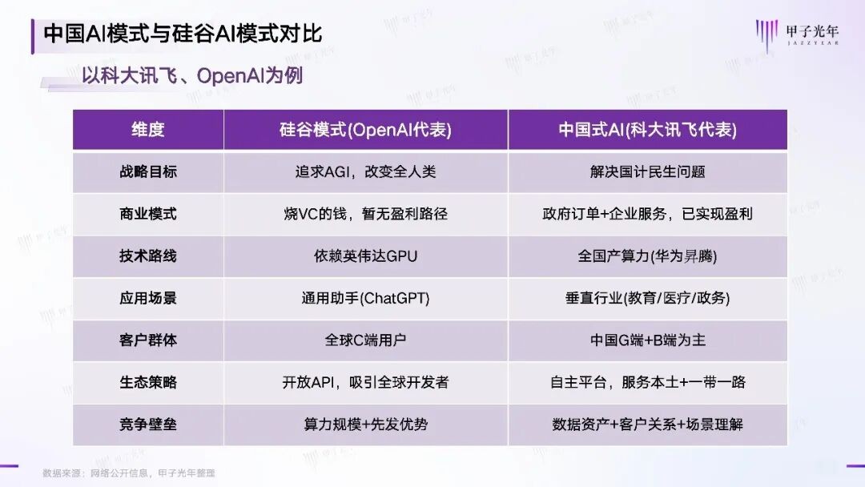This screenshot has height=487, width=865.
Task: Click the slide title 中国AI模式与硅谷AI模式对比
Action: pyautogui.click(x=183, y=34)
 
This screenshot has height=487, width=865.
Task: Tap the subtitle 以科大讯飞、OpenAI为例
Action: pyautogui.click(x=192, y=77)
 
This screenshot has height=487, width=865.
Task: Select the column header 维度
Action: pyautogui.click(x=148, y=130)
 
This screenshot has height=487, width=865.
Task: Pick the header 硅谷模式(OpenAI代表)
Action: pyautogui.click(x=366, y=130)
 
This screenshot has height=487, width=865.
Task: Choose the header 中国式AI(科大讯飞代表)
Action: pyautogui.click(x=647, y=130)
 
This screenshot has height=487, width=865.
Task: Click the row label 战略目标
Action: pyautogui.click(x=148, y=171)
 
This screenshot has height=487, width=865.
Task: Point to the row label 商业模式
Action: pyautogui.click(x=148, y=214)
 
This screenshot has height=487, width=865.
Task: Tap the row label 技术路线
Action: pyautogui.click(x=148, y=256)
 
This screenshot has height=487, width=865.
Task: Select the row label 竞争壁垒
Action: pyautogui.click(x=148, y=425)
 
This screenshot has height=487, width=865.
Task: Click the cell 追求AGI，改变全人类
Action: pyautogui.click(x=366, y=171)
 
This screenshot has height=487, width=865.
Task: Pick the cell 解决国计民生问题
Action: pyautogui.click(x=647, y=171)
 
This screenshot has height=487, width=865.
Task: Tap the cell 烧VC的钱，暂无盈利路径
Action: pyautogui.click(x=366, y=214)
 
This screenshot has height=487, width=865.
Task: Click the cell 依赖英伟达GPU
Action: pyautogui.click(x=366, y=256)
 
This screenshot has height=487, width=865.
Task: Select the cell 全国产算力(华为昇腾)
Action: pyautogui.click(x=647, y=256)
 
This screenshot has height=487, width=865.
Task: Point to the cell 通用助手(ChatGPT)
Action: pyautogui.click(x=366, y=298)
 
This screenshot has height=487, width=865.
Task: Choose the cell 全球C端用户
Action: pyautogui.click(x=366, y=340)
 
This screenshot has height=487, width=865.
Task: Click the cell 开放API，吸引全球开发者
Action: pyautogui.click(x=366, y=382)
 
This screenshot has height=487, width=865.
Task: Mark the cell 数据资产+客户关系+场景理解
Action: pyautogui.click(x=647, y=425)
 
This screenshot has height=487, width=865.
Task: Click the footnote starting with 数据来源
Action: pyautogui.click(x=129, y=473)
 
